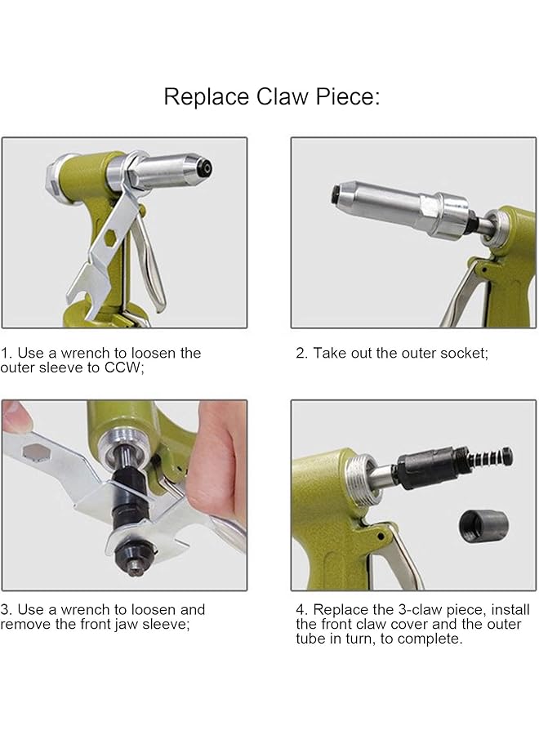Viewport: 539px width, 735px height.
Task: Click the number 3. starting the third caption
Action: (x=6, y=609)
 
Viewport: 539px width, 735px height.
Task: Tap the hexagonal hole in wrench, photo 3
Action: (x=33, y=451)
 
